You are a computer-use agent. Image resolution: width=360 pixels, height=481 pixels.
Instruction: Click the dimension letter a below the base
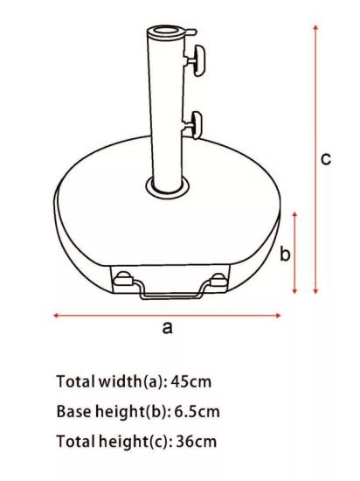[167, 328]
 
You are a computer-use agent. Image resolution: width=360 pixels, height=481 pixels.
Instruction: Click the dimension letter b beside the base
[284, 254]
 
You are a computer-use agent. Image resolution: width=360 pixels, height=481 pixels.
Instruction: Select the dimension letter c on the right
[324, 158]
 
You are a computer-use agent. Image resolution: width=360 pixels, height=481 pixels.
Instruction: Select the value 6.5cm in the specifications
[197, 411]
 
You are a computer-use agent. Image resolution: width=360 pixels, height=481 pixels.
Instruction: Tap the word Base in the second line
[73, 411]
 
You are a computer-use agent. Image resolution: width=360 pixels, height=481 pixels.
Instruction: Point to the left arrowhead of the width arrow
[57, 315]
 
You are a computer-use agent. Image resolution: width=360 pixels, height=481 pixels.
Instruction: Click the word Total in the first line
[73, 381]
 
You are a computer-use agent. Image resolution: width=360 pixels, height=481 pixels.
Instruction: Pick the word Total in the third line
[73, 441]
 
